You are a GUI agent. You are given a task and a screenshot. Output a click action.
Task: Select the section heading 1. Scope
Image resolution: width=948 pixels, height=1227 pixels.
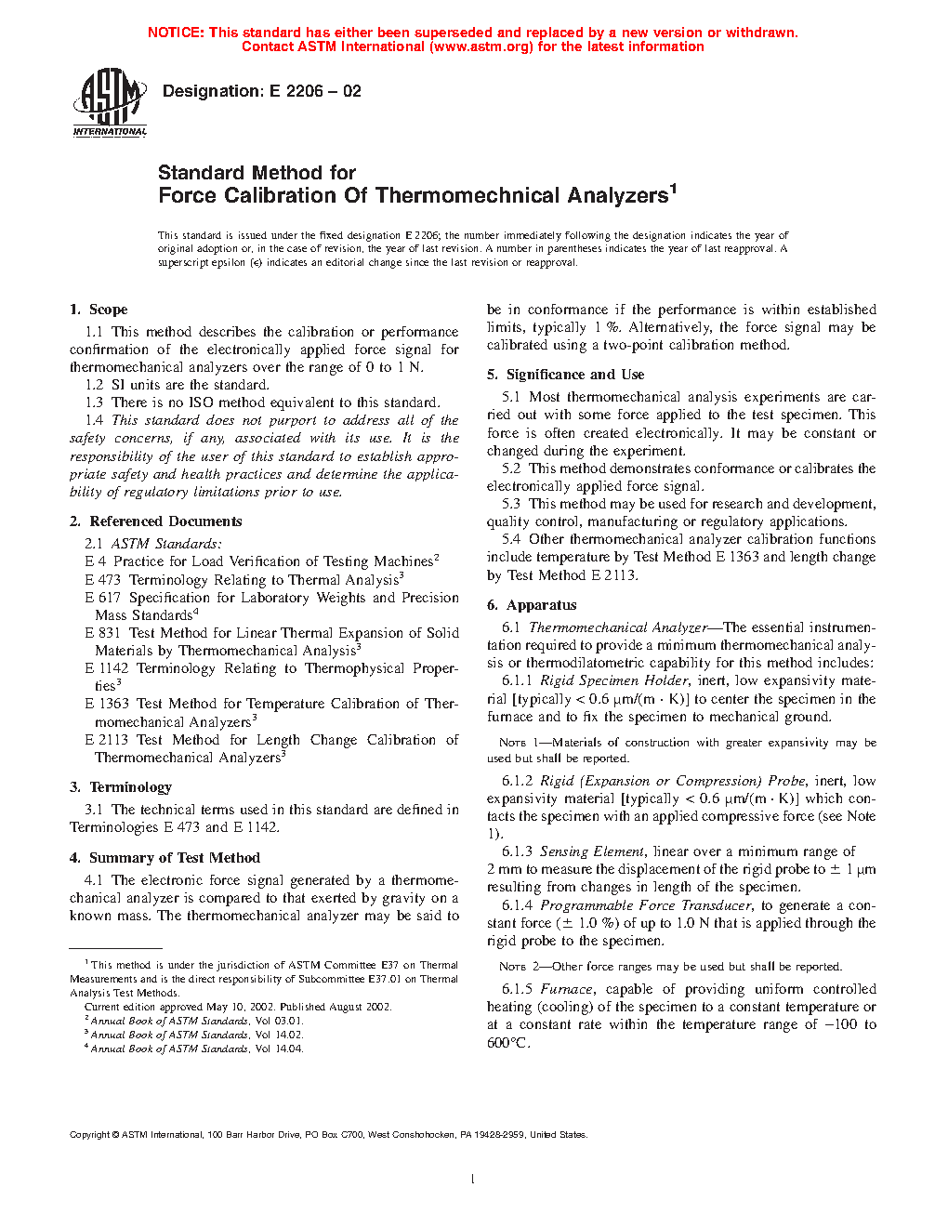[x=99, y=310]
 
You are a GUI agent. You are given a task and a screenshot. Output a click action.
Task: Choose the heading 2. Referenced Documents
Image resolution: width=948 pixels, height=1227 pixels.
[x=155, y=521]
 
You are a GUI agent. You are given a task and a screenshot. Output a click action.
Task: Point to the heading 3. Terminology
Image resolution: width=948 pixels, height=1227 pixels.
[x=121, y=787]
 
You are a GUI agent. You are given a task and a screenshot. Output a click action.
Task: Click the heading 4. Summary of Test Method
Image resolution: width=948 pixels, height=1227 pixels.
[x=165, y=858]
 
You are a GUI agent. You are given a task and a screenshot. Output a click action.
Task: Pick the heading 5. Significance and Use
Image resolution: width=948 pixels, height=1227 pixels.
[x=565, y=375]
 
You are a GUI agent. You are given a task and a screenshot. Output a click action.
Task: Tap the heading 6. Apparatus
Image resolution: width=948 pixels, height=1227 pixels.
[x=532, y=605]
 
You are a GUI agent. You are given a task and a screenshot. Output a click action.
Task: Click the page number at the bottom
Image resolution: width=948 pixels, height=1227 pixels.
[x=473, y=1180]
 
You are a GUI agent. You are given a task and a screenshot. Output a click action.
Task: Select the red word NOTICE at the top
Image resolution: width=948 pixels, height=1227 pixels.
[x=175, y=33]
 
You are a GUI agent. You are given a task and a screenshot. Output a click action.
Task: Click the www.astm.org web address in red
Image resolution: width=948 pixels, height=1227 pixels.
[x=481, y=46]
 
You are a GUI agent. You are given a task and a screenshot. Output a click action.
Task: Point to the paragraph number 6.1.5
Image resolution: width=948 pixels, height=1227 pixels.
[x=518, y=989]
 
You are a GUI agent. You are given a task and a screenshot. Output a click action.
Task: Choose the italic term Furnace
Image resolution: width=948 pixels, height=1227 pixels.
[x=566, y=989]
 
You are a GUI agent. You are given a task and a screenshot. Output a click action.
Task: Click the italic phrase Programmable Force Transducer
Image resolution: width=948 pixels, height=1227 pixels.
[x=646, y=905]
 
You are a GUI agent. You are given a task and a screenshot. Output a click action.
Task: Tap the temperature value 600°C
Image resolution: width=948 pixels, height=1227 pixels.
[x=508, y=1043]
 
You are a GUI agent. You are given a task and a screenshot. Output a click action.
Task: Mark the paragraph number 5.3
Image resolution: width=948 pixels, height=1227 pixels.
[x=511, y=504]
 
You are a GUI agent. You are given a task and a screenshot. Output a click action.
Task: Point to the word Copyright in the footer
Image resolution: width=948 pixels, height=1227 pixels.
[x=89, y=1134]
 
